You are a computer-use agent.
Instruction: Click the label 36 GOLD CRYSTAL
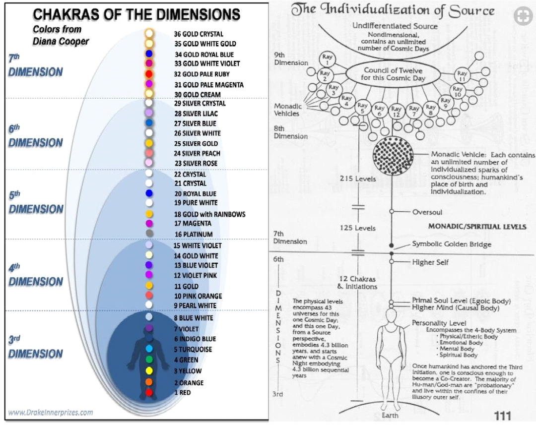coord(198,34)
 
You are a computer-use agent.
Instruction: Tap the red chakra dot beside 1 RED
coord(148,393)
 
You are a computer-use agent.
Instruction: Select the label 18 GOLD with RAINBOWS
coord(209,214)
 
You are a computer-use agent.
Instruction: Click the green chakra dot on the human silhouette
coord(148,360)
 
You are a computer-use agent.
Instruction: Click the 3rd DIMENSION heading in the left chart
coord(35,347)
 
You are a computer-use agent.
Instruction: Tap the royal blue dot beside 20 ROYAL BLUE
coord(148,193)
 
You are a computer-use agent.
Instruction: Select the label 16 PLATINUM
coord(193,234)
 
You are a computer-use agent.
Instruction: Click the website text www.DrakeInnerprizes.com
coord(51,412)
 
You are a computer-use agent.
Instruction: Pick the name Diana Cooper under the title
coord(61,41)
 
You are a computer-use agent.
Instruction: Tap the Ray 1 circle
coord(327,59)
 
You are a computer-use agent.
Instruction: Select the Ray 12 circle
coord(396,112)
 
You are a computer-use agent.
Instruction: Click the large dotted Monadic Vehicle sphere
coord(395,156)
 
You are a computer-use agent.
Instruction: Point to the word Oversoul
coord(427,212)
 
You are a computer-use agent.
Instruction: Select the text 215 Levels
coord(357,179)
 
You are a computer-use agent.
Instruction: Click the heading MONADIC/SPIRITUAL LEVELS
coord(477,227)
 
